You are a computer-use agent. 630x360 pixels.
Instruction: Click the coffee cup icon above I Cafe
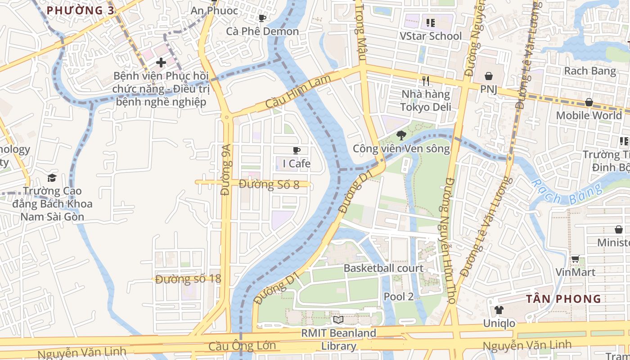click(296, 150)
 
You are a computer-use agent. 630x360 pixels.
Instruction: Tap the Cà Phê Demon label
click(262, 31)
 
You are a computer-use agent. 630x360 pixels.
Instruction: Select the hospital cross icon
click(160, 63)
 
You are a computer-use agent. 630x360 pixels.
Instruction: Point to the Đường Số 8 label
click(269, 184)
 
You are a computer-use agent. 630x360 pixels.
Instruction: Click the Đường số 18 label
click(189, 279)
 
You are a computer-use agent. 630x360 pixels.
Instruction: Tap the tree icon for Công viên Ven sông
click(400, 135)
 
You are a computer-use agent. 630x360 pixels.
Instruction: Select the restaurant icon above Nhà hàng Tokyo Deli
click(426, 81)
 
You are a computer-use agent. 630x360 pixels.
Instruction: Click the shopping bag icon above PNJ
click(488, 76)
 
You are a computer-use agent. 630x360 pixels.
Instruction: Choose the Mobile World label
click(589, 115)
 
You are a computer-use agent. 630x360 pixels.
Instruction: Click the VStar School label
click(431, 36)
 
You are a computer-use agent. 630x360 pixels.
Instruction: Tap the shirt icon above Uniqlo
click(499, 310)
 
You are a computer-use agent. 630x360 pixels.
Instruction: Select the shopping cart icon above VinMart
click(575, 259)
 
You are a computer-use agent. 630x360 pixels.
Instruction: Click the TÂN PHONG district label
click(564, 299)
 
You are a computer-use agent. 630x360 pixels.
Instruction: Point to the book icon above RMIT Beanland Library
click(338, 319)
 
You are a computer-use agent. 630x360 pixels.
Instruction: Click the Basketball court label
click(383, 268)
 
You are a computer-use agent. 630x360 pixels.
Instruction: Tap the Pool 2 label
click(398, 296)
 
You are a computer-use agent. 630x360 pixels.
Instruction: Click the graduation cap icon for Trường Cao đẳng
click(52, 178)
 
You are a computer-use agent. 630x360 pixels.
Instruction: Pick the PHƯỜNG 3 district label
click(81, 10)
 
